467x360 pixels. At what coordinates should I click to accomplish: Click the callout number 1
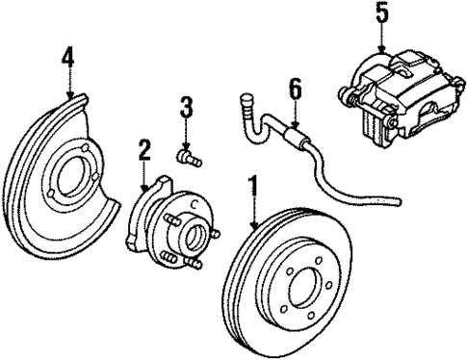252,185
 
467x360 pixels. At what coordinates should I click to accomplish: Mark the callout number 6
295,90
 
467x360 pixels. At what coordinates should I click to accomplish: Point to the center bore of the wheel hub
192,234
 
